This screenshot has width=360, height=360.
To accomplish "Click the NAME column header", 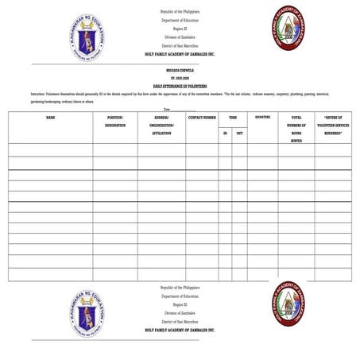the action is tap(50, 117).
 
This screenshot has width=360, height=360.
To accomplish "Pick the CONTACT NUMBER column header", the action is tap(202, 117).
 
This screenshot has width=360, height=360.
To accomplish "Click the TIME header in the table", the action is tap(233, 117).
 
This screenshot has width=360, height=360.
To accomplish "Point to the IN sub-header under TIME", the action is tap(225, 133).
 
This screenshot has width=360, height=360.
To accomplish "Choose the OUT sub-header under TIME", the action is tap(239, 133).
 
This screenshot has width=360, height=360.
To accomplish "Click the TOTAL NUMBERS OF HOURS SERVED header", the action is tap(296, 128).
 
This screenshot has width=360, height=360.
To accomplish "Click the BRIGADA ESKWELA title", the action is tap(180, 70).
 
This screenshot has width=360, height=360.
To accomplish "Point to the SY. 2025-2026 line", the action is tap(180, 77).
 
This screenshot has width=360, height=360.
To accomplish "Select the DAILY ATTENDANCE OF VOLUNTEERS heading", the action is tap(180, 85).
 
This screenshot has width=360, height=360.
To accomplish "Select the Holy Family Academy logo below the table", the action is tap(289, 304).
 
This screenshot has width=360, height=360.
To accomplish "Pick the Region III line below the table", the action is tap(180, 304).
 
